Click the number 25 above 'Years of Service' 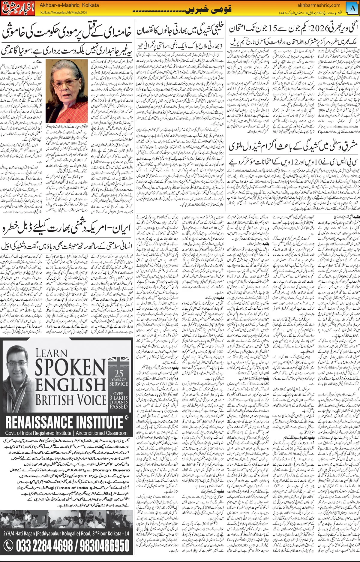coord(118,374)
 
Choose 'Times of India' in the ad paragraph coord(72,488)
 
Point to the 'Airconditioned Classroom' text coord(101,433)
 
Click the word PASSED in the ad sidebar coord(118,407)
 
